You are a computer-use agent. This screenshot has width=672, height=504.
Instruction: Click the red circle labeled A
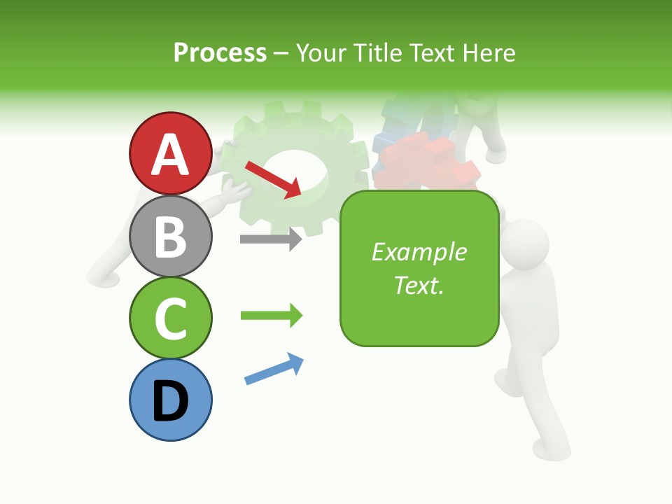(170, 153)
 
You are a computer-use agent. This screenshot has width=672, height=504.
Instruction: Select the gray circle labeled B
(170, 236)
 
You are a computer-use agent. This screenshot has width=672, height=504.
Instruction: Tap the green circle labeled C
(170, 318)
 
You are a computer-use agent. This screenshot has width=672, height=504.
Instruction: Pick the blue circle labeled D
(170, 400)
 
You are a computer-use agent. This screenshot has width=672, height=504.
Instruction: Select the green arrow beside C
(271, 316)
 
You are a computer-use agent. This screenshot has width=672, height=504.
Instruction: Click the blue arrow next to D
(274, 369)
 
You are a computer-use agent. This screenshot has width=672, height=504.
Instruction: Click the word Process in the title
(220, 52)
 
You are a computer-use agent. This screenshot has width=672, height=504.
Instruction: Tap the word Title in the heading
(378, 52)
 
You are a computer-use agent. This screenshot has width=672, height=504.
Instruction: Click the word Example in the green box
(419, 252)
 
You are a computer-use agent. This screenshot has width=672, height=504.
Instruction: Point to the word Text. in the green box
(419, 285)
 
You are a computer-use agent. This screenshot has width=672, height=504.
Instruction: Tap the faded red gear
(427, 164)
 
